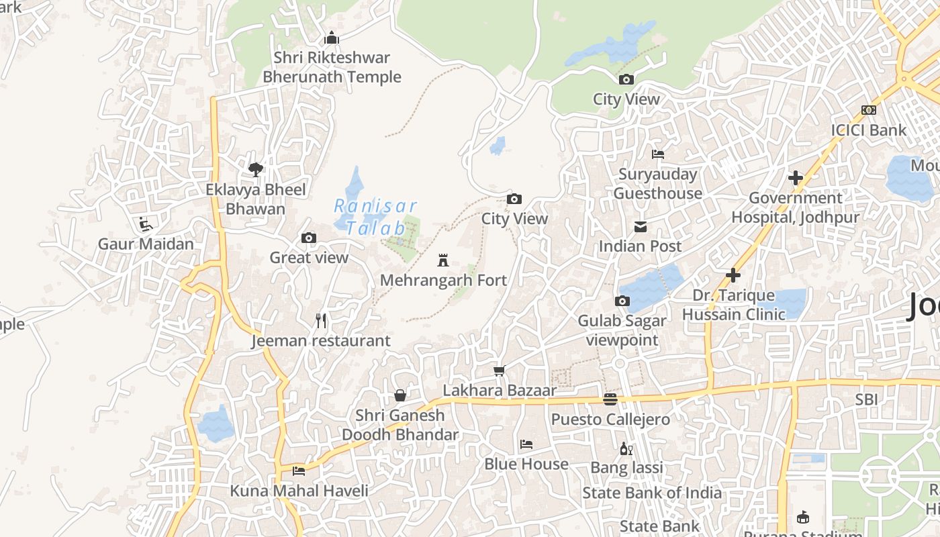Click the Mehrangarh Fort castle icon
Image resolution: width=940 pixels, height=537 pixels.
click(442, 260)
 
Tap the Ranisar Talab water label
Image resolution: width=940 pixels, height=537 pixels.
click(375, 216)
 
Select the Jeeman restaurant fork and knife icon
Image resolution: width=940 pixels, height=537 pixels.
click(321, 321)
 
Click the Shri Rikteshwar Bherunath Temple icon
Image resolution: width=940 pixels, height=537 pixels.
click(332, 38)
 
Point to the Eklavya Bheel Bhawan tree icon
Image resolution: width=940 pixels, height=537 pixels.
click(255, 169)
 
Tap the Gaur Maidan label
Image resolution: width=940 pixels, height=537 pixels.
click(146, 244)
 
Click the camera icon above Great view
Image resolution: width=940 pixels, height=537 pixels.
click(309, 238)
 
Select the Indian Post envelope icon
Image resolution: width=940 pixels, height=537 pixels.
click(641, 227)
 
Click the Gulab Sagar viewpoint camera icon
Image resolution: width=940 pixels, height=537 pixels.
click(622, 301)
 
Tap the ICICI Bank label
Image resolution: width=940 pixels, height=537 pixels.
click(869, 130)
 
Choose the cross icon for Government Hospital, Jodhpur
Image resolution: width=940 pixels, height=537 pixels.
click(796, 178)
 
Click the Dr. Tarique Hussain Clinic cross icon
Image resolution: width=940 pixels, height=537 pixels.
click(733, 275)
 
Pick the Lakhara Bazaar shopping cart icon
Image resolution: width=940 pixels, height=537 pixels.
click(500, 371)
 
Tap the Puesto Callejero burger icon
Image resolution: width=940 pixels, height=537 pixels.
click(610, 399)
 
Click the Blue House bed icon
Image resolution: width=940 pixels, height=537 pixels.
click(526, 444)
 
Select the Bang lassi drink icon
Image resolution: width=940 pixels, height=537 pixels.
click(626, 448)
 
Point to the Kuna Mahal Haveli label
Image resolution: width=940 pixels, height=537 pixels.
click(299, 491)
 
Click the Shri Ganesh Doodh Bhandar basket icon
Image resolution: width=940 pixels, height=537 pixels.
click(400, 395)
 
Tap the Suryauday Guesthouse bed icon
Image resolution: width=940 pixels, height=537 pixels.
click(658, 154)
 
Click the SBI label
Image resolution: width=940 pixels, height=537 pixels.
click(866, 399)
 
